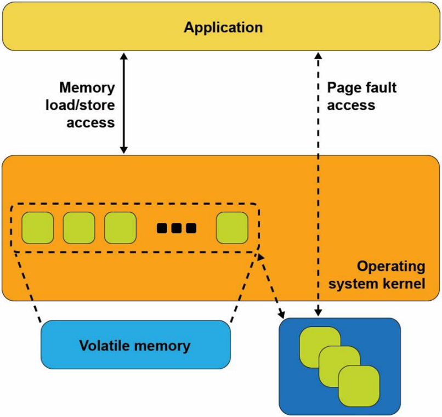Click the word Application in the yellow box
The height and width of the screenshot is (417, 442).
point(223,27)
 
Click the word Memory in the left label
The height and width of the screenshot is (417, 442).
point(88,88)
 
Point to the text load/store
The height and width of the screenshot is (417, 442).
point(87,105)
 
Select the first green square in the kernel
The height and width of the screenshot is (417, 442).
point(38,228)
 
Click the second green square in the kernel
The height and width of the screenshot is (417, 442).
point(79,228)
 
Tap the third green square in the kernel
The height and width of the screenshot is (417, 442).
point(120,228)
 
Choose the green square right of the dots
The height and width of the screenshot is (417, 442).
point(232,228)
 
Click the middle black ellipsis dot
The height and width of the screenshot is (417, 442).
point(176,228)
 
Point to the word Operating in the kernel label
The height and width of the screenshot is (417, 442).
point(391,267)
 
